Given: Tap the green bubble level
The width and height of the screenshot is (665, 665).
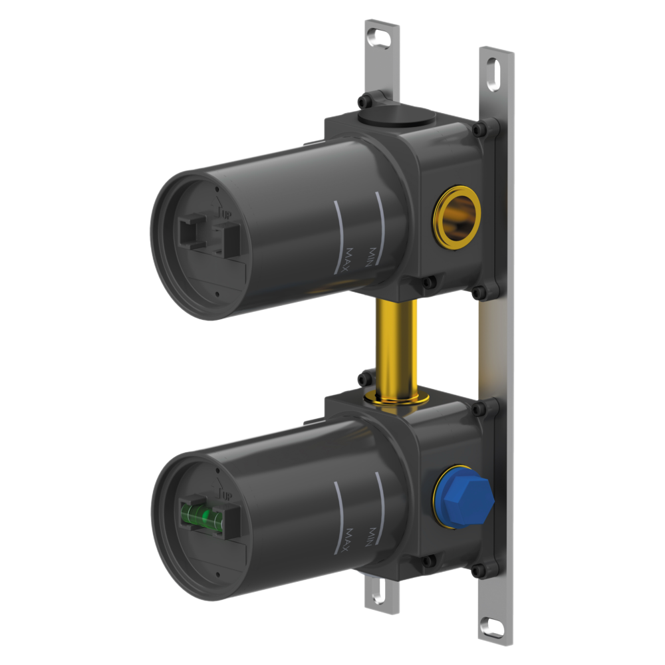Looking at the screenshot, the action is coord(201,516).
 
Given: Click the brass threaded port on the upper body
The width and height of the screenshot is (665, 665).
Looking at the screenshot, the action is coord(457,217).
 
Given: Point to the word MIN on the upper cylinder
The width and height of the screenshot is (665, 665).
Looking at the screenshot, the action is coord(370,257).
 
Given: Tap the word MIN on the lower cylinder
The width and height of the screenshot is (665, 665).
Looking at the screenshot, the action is coord(370,537).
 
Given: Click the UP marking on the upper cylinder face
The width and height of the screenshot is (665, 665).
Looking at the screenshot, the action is coord(226,213).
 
